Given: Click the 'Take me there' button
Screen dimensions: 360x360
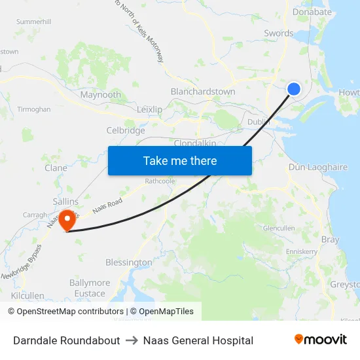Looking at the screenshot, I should (x=180, y=160).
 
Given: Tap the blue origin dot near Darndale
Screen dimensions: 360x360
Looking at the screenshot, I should (x=294, y=88).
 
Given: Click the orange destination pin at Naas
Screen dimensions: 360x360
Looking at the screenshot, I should (x=67, y=219).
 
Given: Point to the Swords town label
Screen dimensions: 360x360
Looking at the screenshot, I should (x=278, y=33).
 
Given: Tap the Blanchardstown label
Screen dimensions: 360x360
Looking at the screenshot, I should (x=203, y=92).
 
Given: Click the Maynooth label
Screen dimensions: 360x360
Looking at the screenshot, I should (x=100, y=95).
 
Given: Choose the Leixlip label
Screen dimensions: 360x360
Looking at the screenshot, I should (x=150, y=109).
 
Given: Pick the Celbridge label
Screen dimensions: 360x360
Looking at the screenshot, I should (x=126, y=130).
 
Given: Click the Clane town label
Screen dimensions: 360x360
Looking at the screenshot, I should (x=56, y=168).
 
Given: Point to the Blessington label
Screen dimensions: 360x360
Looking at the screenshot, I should (x=129, y=262).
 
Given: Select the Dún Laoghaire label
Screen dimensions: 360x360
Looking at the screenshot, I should (x=318, y=168).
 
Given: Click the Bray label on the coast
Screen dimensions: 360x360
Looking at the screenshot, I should (x=330, y=240).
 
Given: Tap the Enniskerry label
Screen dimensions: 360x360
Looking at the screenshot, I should (x=302, y=251).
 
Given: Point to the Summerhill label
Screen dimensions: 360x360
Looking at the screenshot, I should (x=34, y=22).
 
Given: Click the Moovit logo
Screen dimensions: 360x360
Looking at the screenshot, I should (x=321, y=340).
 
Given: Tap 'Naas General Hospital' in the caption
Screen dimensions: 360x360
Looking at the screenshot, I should (x=198, y=340).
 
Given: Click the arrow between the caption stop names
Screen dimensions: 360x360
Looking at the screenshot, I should (x=132, y=340).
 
